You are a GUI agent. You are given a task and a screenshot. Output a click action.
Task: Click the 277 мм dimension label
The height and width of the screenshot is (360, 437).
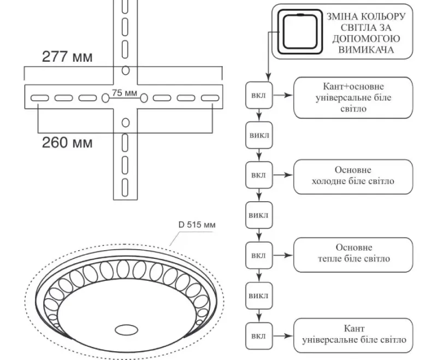(x=67, y=57)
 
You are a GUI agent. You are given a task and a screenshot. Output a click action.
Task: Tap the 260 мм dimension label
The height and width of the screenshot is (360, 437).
(x=67, y=143)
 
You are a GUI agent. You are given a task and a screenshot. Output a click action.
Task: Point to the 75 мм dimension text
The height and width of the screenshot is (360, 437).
(x=125, y=93)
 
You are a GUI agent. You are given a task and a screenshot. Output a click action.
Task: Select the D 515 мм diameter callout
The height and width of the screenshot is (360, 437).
(x=197, y=225)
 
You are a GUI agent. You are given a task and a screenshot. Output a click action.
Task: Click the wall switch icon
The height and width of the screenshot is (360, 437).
(x=299, y=32)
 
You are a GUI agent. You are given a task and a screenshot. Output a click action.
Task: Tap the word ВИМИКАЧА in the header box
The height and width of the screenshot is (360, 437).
(x=366, y=50)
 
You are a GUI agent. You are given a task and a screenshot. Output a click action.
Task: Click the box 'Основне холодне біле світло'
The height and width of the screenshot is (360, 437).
(x=353, y=177)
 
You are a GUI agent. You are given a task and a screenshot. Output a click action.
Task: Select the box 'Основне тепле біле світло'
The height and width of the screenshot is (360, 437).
(x=353, y=255)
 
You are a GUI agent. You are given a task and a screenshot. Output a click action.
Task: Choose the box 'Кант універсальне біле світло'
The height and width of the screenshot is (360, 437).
(x=353, y=335)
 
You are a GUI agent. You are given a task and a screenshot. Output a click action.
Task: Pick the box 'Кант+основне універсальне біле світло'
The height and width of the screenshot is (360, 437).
(x=353, y=98)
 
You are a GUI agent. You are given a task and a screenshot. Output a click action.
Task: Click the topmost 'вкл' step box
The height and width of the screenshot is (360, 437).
(x=259, y=95)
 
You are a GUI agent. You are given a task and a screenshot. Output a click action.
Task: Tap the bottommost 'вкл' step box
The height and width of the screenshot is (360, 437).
(x=259, y=336)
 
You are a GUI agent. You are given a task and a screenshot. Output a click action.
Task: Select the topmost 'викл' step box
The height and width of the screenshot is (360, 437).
(x=259, y=135)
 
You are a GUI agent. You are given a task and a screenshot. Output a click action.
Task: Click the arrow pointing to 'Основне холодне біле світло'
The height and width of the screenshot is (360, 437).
(x=283, y=175)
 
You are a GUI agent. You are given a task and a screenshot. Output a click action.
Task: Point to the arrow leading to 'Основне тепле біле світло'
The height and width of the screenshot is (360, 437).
(x=283, y=255)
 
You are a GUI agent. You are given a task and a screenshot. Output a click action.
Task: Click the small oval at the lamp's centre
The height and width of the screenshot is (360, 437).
(x=126, y=330)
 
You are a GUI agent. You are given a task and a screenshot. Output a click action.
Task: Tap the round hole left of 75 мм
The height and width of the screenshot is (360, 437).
(x=105, y=98)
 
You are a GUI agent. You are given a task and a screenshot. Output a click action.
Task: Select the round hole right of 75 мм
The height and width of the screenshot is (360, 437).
(x=144, y=98)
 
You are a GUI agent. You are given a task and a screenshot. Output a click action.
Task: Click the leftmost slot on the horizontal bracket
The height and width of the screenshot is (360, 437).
(x=39, y=98)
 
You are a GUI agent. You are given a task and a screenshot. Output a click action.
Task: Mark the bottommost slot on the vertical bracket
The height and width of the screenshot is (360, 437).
(x=125, y=187)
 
